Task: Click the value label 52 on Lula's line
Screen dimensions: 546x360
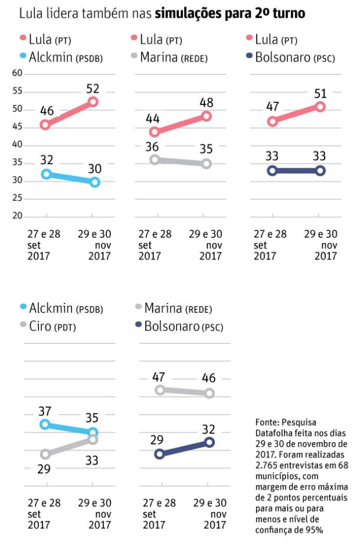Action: click(92, 89)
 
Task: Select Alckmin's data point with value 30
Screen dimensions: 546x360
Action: click(94, 182)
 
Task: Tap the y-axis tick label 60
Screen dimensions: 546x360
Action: click(17, 73)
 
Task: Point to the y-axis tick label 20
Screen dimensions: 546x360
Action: click(17, 216)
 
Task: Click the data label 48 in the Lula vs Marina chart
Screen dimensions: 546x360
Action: click(207, 102)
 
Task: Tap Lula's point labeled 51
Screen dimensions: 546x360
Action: click(320, 107)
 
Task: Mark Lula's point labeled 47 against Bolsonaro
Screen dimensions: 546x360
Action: click(273, 122)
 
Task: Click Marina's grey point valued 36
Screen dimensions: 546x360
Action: click(155, 159)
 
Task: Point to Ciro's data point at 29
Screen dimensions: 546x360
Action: click(45, 454)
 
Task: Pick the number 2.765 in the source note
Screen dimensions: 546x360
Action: click(269, 466)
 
